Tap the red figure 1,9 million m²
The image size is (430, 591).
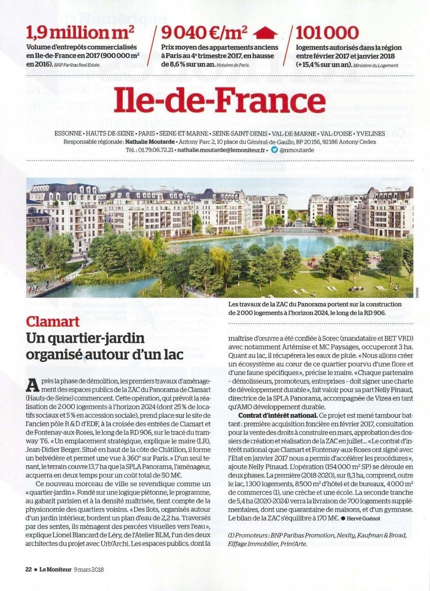click(81, 33)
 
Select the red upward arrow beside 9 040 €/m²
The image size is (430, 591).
click(267, 33)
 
